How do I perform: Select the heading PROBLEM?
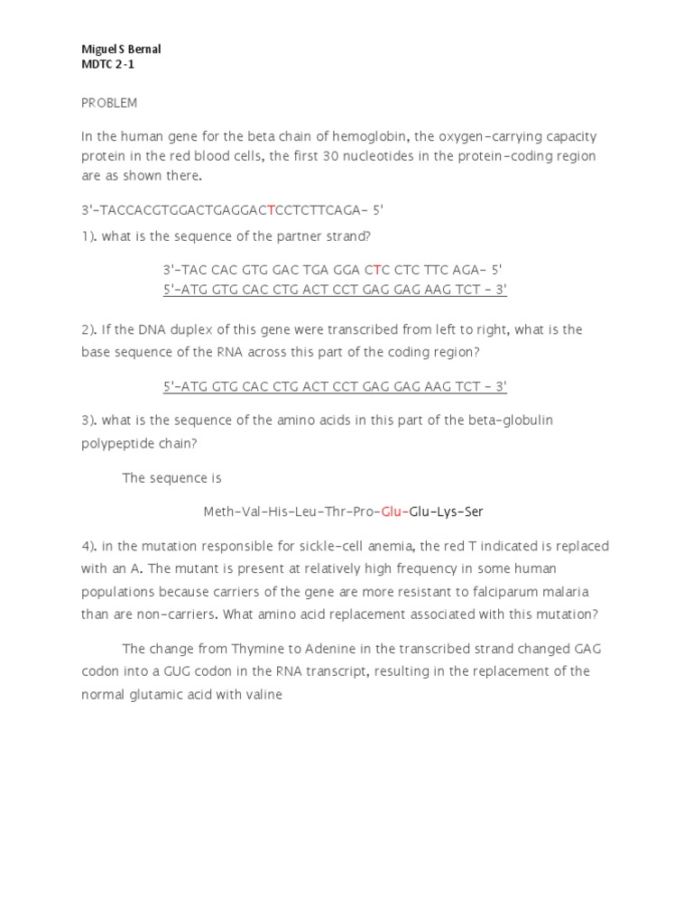tap(109, 103)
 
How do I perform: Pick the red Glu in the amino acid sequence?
tap(391, 512)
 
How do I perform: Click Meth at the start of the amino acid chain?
tap(219, 512)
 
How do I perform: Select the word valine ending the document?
tap(263, 695)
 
